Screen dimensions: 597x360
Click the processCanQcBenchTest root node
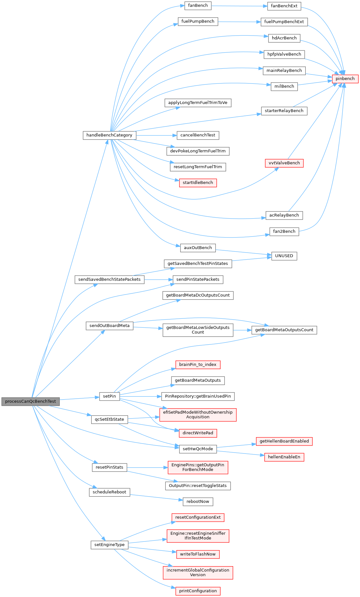pyautogui.click(x=31, y=402)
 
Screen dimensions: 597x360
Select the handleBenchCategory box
pyautogui.click(x=109, y=135)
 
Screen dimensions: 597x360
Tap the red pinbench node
pyautogui.click(x=345, y=79)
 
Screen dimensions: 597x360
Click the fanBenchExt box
pyautogui.click(x=284, y=6)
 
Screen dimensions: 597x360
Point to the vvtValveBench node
pyautogui.click(x=284, y=163)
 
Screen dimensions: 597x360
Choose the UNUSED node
pyautogui.click(x=284, y=256)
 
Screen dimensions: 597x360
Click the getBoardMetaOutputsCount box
pyautogui.click(x=284, y=330)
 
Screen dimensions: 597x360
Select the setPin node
pyautogui.click(x=109, y=396)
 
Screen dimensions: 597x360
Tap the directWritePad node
pyautogui.click(x=198, y=433)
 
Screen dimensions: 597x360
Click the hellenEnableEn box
pyautogui.click(x=284, y=457)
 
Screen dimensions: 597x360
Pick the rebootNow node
pyautogui.click(x=198, y=502)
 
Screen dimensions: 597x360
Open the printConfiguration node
pyautogui.click(x=198, y=591)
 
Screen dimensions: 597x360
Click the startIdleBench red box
pyautogui.click(x=198, y=183)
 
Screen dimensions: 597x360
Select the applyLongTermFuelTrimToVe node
pyautogui.click(x=198, y=103)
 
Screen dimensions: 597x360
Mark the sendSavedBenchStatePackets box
pyautogui.click(x=109, y=280)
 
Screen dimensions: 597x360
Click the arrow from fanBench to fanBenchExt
pyautogui.click(x=239, y=6)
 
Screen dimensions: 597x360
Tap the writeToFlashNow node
pyautogui.click(x=198, y=554)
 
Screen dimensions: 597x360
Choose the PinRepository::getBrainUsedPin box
pyautogui.click(x=198, y=396)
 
